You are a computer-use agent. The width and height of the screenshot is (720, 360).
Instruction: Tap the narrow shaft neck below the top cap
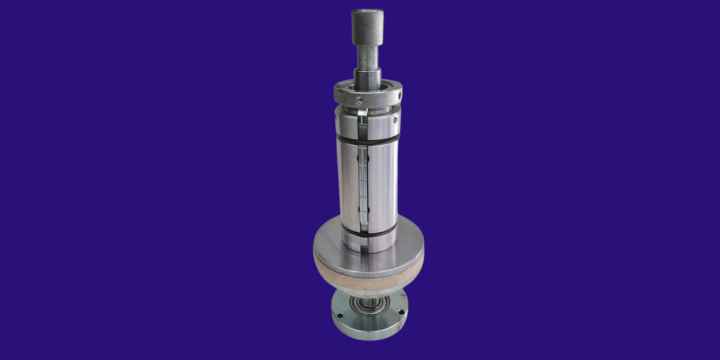368,57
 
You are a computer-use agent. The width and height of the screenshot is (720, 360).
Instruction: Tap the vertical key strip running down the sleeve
362,180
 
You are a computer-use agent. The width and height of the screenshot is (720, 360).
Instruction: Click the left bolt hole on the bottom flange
339,314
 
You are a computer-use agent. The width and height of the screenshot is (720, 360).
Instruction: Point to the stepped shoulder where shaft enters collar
367,80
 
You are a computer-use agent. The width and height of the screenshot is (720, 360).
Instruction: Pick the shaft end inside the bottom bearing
367,304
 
